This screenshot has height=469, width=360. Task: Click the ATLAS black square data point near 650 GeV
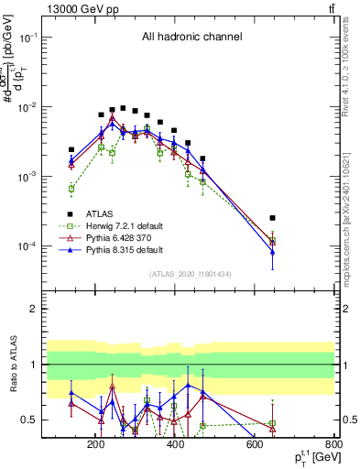tap(273, 218)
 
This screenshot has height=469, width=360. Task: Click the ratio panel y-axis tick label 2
tap(58, 310)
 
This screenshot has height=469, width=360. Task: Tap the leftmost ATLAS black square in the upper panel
tap(71, 149)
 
